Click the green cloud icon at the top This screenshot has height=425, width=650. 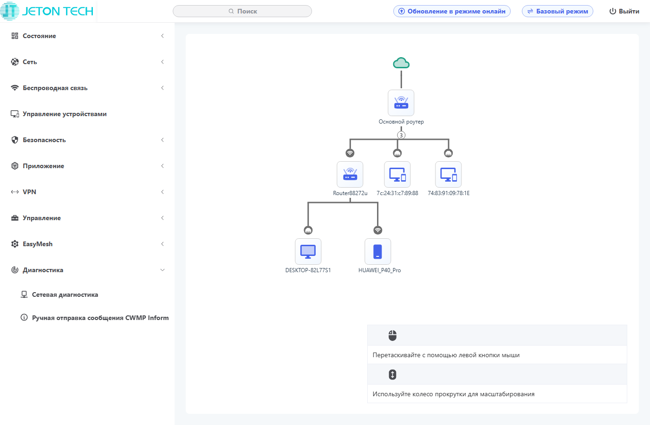[401, 63]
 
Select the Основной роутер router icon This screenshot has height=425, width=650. [401, 103]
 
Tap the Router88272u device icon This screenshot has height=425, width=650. [350, 174]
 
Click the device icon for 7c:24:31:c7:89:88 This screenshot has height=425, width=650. [397, 174]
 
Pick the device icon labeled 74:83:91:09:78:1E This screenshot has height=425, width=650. [448, 174]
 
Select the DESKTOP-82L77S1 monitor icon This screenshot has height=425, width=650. [308, 251]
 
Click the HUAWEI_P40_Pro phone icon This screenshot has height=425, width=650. [378, 251]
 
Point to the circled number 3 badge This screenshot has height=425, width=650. [401, 135]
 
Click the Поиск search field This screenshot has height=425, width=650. [242, 11]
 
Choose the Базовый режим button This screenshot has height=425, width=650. [557, 11]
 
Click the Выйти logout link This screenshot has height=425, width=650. [624, 11]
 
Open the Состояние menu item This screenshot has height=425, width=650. [39, 36]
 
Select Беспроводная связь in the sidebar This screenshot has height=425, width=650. [55, 88]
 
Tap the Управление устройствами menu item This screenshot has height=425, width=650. [65, 114]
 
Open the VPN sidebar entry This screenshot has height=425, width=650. [29, 192]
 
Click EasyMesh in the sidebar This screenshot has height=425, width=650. [38, 244]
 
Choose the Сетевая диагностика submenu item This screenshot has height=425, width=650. [65, 294]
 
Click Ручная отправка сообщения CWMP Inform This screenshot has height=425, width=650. [100, 318]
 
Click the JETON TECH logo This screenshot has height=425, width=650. [47, 11]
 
